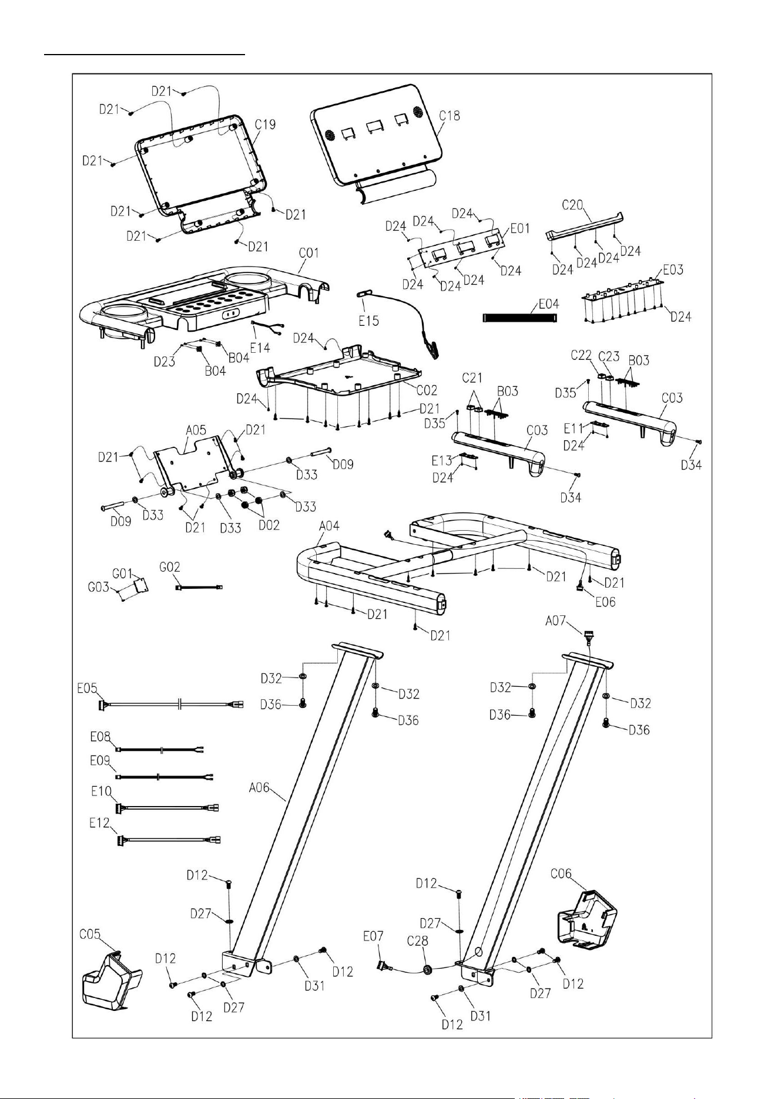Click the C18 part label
[x=450, y=116]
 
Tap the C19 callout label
[x=265, y=124]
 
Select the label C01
[x=309, y=253]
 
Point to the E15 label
[x=368, y=321]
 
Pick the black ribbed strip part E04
[x=519, y=318]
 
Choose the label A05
[x=196, y=430]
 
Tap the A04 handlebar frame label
[x=329, y=526]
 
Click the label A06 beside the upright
[x=259, y=788]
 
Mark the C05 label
[x=90, y=934]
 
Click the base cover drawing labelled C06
[x=585, y=921]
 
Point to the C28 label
[x=417, y=941]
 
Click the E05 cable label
[x=87, y=688]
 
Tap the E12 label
[x=100, y=823]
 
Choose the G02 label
[x=170, y=568]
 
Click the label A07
[x=556, y=620]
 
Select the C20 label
[x=573, y=205]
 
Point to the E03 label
[x=673, y=270]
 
